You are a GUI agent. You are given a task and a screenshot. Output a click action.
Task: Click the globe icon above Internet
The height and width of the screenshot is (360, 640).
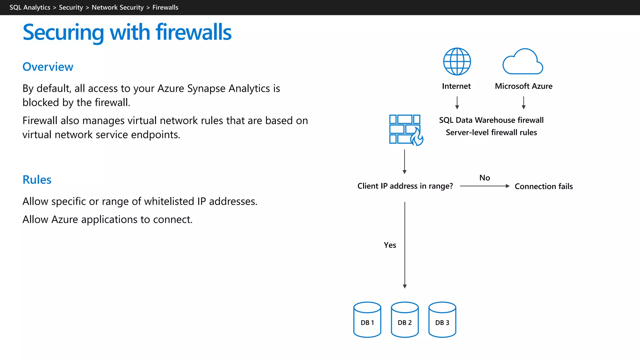[x=457, y=62]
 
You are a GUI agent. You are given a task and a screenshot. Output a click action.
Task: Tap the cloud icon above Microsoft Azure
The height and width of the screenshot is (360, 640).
[x=522, y=62]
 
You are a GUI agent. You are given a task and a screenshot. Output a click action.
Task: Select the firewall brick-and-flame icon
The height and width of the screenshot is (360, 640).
[x=406, y=130]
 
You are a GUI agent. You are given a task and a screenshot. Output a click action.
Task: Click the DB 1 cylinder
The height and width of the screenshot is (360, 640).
[x=367, y=320]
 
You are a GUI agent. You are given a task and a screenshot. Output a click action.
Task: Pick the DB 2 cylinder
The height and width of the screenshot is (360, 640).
[x=405, y=320]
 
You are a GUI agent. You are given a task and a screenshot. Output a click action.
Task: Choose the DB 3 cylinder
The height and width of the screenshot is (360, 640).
[x=442, y=320]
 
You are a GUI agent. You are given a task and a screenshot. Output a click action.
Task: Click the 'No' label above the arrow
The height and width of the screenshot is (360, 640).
[x=484, y=178]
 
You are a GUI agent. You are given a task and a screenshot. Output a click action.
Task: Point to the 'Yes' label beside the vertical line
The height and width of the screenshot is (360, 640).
[x=390, y=245]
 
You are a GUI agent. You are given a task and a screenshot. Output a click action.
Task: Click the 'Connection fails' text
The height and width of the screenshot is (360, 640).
[x=543, y=186]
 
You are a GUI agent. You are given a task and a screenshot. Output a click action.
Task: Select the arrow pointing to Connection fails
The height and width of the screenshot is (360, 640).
[x=484, y=186]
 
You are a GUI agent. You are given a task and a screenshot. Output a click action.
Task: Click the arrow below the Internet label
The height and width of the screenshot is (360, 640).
[x=457, y=102]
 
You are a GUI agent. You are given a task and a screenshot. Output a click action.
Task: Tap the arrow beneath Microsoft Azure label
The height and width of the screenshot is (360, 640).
[x=523, y=102]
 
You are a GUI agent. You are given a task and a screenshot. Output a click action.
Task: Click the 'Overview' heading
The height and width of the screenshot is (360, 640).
[x=48, y=67]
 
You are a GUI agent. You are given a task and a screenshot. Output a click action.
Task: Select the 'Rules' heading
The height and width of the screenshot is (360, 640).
[x=37, y=180]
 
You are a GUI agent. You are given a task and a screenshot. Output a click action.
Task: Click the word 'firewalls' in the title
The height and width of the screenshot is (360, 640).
[x=193, y=32]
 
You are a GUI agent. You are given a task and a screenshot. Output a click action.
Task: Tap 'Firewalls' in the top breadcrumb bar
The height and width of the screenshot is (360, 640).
[x=165, y=7]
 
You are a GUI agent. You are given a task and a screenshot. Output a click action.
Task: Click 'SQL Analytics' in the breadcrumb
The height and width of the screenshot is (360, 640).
[x=30, y=7]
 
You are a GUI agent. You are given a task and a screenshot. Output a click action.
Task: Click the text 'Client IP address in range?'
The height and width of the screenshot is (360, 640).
[x=405, y=186]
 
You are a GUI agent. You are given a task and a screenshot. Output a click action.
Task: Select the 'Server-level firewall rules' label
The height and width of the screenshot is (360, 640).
[x=491, y=132]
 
